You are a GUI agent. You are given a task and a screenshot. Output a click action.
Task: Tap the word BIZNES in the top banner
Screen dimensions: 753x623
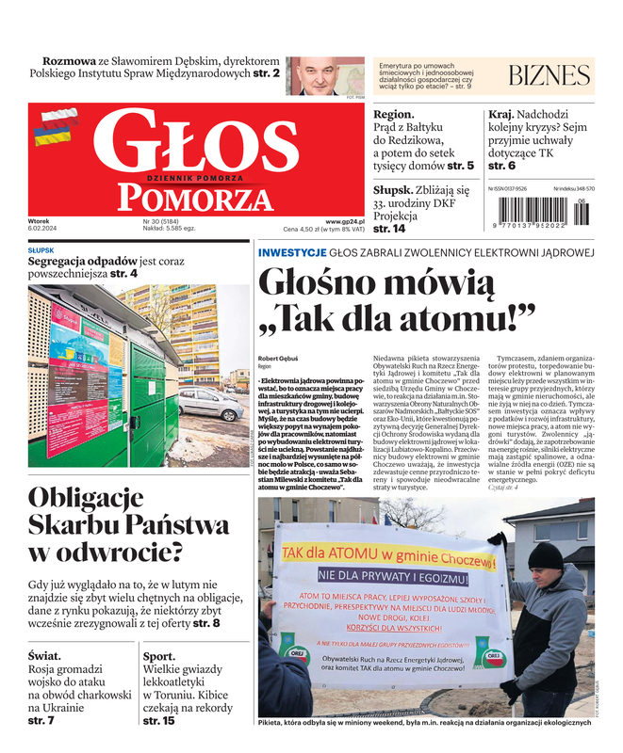549,76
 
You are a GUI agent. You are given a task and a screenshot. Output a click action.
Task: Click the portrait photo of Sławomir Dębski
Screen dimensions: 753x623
312,75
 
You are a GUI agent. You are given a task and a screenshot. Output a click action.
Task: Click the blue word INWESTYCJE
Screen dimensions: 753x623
292,252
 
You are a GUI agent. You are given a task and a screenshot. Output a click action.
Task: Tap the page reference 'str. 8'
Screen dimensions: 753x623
206,623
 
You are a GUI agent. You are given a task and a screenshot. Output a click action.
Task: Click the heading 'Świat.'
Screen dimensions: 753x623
45,656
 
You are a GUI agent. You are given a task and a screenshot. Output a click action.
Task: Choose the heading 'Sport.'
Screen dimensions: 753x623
158,656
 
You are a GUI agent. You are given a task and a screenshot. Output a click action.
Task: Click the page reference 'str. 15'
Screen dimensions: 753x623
158,721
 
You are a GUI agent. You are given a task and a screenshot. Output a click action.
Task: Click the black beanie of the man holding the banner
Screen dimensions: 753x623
545,555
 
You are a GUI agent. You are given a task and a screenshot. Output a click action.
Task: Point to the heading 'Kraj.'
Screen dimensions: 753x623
500,114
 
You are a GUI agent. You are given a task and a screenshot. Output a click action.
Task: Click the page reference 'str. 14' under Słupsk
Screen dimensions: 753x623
389,229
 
